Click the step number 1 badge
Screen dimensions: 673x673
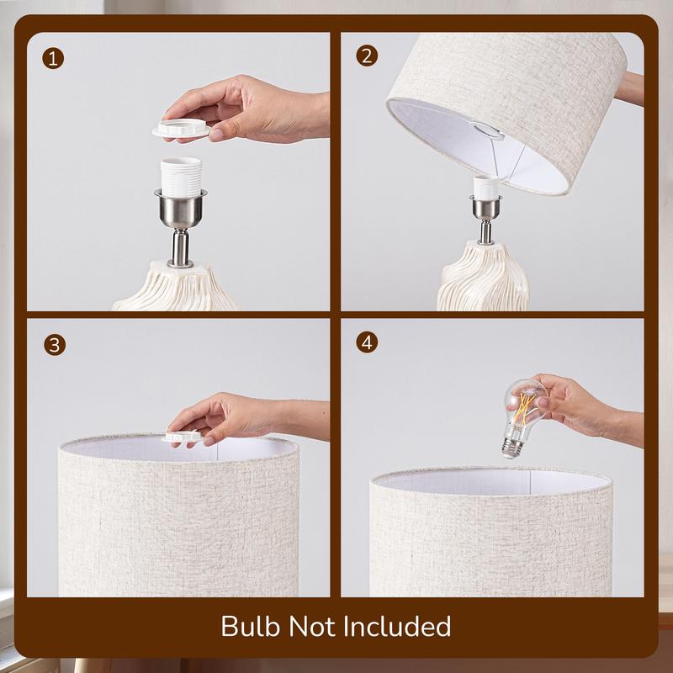tap(53, 59)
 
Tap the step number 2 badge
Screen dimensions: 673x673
tap(367, 56)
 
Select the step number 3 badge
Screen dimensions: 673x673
tap(55, 345)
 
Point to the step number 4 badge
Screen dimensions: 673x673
tap(367, 342)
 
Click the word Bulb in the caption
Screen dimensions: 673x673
tap(251, 626)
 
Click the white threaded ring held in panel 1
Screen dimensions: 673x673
tap(181, 129)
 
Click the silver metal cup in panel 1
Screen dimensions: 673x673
tap(181, 208)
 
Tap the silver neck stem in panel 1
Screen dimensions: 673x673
tap(180, 247)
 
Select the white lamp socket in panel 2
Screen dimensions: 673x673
tap(486, 187)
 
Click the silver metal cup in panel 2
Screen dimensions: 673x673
tap(486, 207)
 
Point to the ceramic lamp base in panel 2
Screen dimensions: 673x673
tap(483, 277)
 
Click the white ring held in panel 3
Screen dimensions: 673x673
tap(183, 437)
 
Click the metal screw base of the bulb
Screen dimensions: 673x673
tap(512, 448)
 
